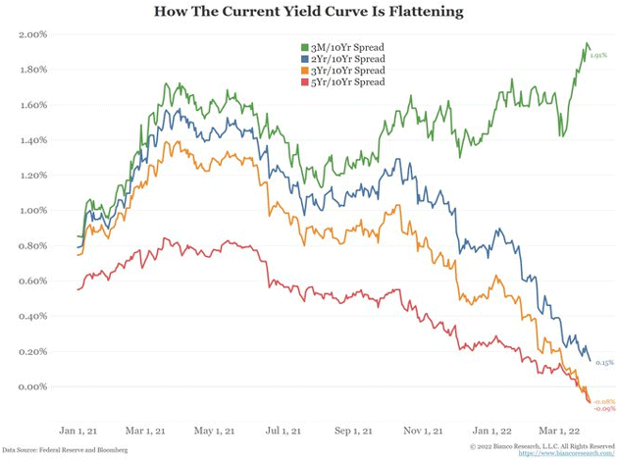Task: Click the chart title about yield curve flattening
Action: [x=309, y=13]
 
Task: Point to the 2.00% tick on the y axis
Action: [x=33, y=34]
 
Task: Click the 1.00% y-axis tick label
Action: [x=33, y=210]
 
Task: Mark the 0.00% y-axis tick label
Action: [x=33, y=386]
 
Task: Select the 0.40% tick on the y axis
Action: [x=33, y=316]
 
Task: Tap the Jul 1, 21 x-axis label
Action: [x=282, y=429]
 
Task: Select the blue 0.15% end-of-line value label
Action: [x=604, y=362]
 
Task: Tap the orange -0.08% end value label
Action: [x=604, y=401]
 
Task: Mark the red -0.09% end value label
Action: [x=604, y=408]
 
